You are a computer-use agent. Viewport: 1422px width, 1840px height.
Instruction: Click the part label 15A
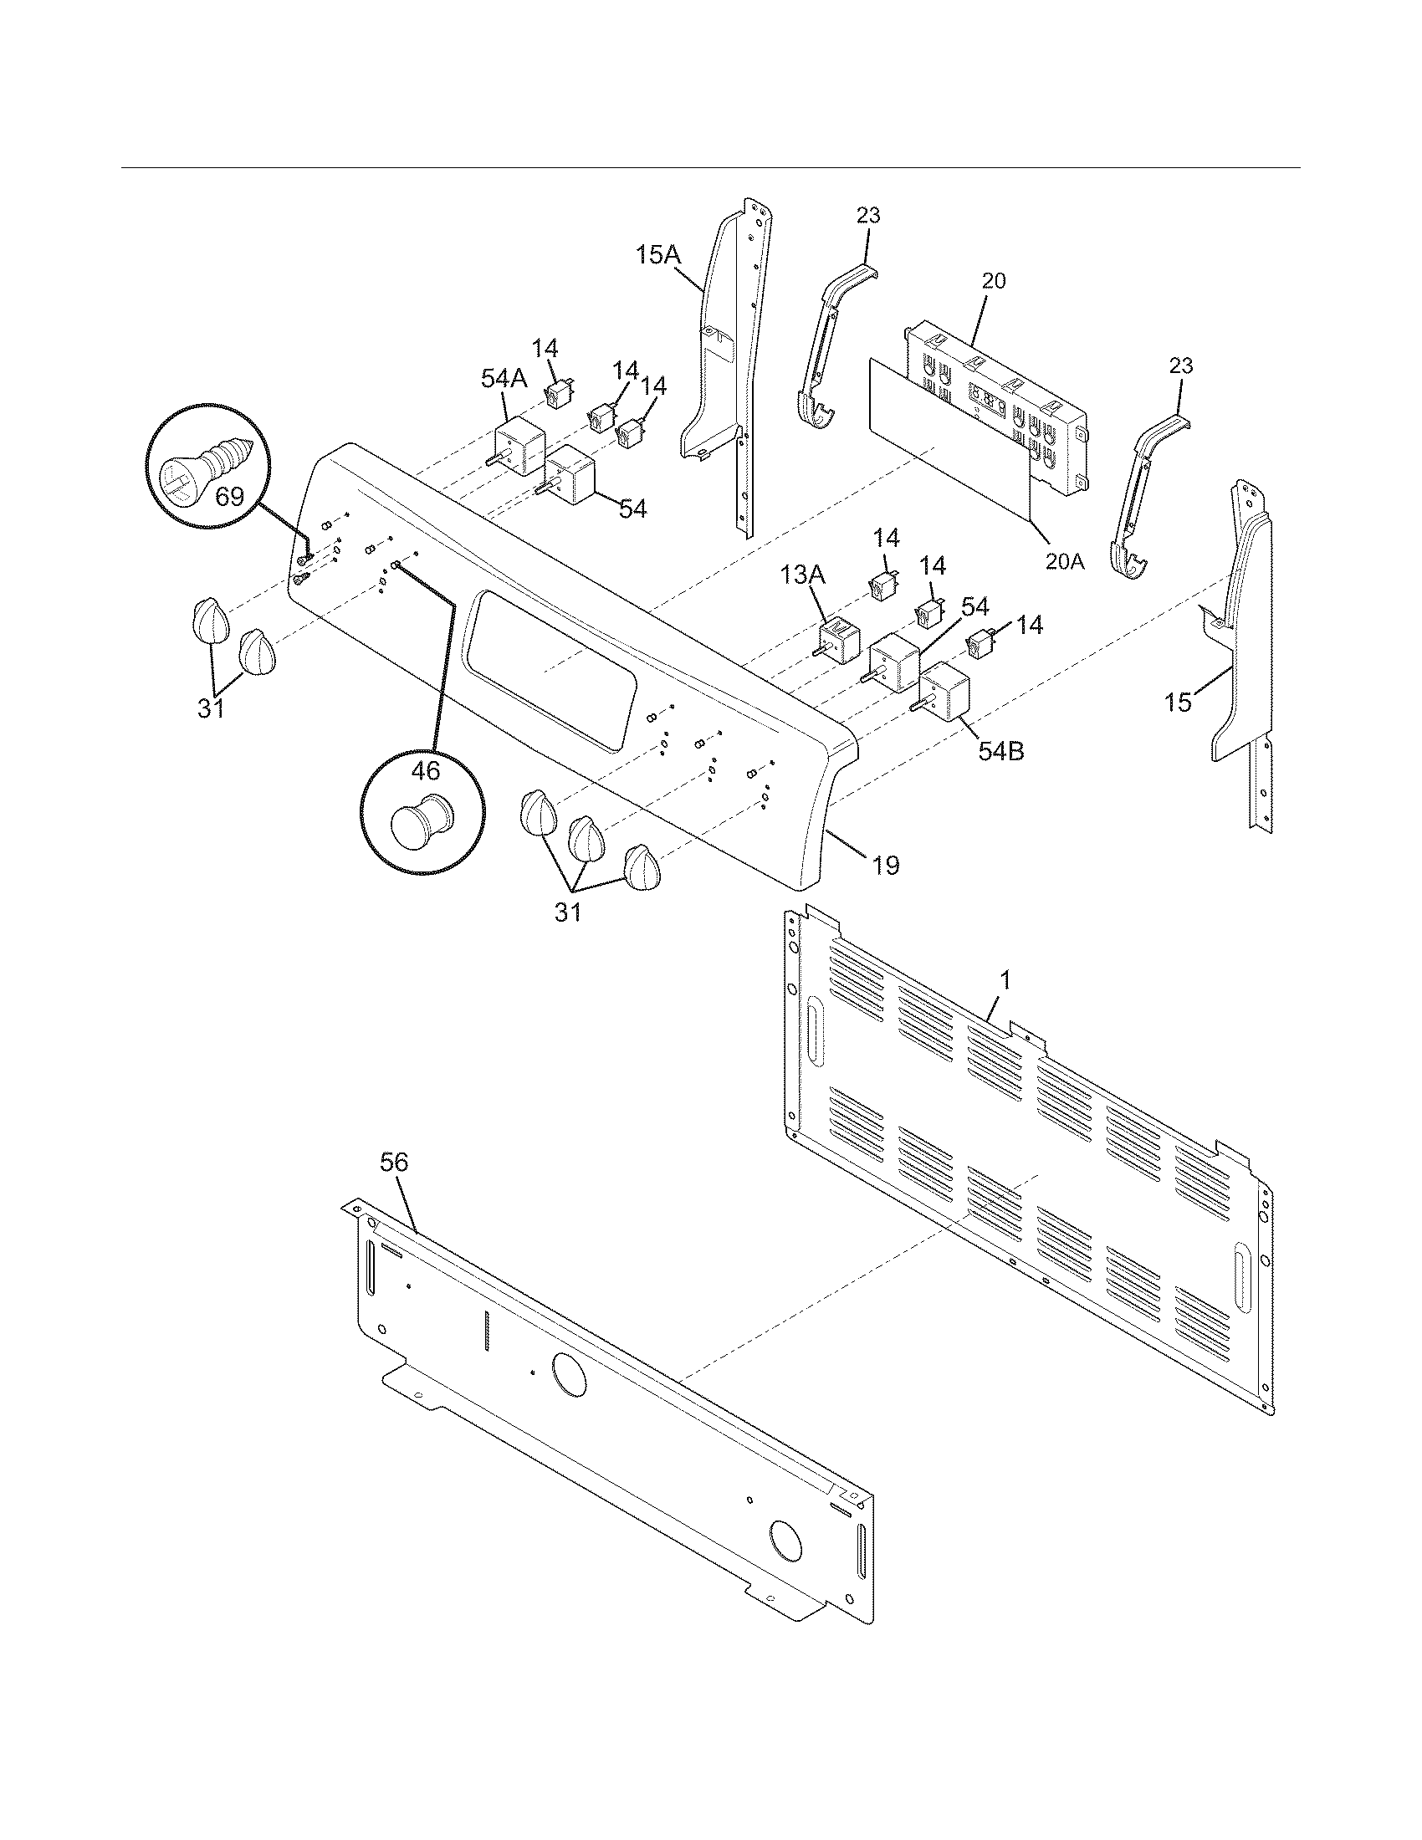tap(657, 253)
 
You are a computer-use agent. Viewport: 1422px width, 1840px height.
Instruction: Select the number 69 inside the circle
tap(228, 496)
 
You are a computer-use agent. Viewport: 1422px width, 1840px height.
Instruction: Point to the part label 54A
tap(504, 379)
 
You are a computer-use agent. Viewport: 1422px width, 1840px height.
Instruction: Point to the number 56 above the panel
tap(393, 1163)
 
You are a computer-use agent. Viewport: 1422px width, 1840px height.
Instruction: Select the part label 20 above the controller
tap(994, 281)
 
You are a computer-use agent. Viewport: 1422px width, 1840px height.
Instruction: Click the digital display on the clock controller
tap(988, 396)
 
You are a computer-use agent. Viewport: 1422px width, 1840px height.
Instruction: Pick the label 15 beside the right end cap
tap(1179, 702)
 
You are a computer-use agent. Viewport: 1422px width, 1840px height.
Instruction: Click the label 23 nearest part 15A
tap(868, 216)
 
